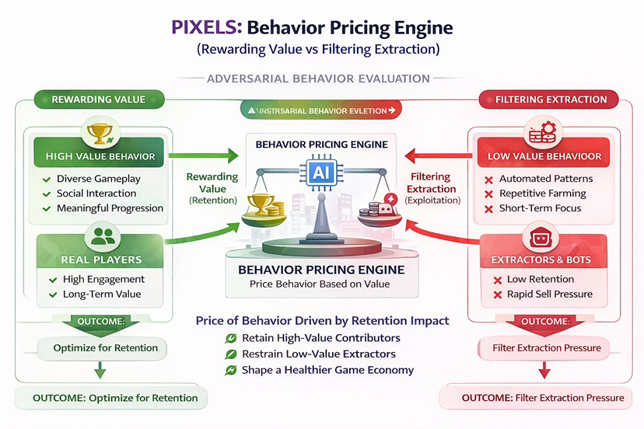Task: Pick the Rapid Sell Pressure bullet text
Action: (x=550, y=294)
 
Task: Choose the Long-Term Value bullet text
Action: (x=101, y=295)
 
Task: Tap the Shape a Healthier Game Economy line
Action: (x=327, y=370)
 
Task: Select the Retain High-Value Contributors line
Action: (x=321, y=338)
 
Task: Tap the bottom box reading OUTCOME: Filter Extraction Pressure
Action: (x=543, y=398)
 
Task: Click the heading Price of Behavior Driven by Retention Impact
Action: (x=322, y=320)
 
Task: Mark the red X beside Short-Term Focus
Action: (x=489, y=208)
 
